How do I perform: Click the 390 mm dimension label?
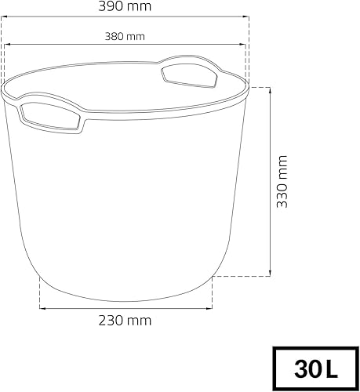pyautogui.click(x=126, y=6)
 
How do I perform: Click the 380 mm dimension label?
pyautogui.click(x=125, y=36)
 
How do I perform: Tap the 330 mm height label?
pyautogui.click(x=282, y=181)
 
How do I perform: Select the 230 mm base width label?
pyautogui.click(x=125, y=320)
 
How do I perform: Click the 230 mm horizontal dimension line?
pyautogui.click(x=125, y=307)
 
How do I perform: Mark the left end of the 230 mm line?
pyautogui.click(x=40, y=307)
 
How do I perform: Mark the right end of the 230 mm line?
pyautogui.click(x=213, y=307)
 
